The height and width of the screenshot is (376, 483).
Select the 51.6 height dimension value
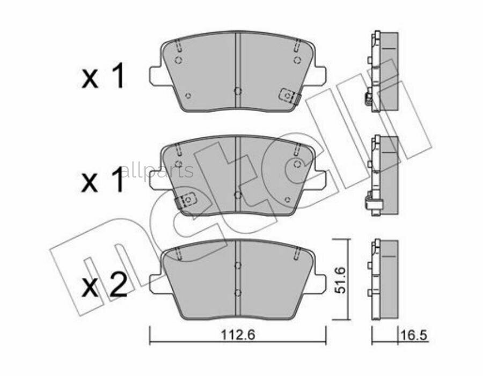pyautogui.click(x=339, y=279)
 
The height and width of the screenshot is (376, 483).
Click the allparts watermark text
pyautogui.click(x=156, y=171)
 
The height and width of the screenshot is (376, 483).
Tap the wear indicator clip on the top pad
pyautogui.click(x=290, y=96)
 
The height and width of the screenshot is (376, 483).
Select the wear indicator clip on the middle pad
pyautogui.click(x=186, y=200)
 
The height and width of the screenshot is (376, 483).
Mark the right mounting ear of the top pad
pyautogui.click(x=319, y=76)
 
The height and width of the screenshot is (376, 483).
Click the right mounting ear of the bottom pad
pyautogui.click(x=319, y=284)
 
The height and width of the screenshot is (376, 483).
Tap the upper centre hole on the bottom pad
pyautogui.click(x=238, y=265)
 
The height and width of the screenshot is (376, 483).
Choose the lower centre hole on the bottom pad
pyautogui.click(x=238, y=292)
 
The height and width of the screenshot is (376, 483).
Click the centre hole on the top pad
pyautogui.click(x=238, y=91)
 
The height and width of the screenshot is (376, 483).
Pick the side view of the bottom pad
pyautogui.click(x=383, y=279)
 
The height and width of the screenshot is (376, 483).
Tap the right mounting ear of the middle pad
pyautogui.click(x=319, y=180)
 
